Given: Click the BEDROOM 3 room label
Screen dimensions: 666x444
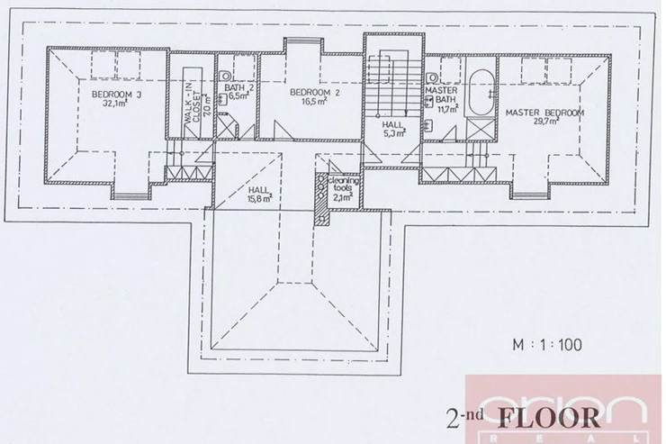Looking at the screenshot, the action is (x=117, y=95).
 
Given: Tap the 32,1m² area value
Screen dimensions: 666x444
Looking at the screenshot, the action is (x=115, y=103).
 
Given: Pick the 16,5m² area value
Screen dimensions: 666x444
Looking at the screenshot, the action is (x=313, y=101).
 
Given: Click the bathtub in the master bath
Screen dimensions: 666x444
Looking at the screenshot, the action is (x=481, y=93).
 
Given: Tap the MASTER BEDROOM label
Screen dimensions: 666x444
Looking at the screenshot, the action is (x=544, y=113).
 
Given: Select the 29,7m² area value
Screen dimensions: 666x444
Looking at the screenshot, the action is (x=544, y=121).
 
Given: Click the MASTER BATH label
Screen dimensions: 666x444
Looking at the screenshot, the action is (x=442, y=95).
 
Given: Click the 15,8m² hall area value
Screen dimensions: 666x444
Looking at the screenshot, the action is (x=259, y=198).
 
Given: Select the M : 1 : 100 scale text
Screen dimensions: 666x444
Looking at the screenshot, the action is (x=547, y=345).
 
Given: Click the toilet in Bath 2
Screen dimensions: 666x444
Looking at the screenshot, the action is (x=225, y=76).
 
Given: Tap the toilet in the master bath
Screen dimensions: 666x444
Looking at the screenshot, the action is (x=431, y=78).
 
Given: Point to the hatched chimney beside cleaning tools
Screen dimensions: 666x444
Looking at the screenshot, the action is (x=320, y=198).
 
